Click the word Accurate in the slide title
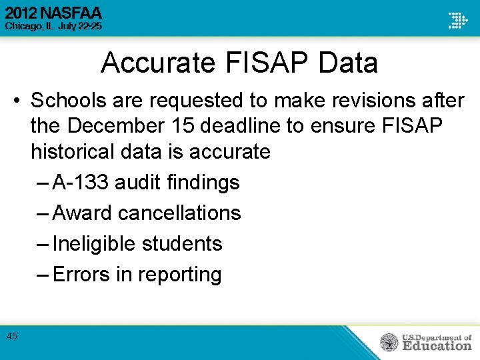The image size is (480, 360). coord(158,63)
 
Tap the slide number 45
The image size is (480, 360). coord(11,336)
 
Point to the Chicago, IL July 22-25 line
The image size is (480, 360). coord(53,27)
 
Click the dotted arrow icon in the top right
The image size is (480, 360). coord(457,19)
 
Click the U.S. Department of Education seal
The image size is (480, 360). coord(389,342)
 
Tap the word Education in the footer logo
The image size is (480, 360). coord(437,345)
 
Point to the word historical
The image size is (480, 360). coord(74,151)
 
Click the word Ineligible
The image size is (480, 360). coord(94,243)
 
